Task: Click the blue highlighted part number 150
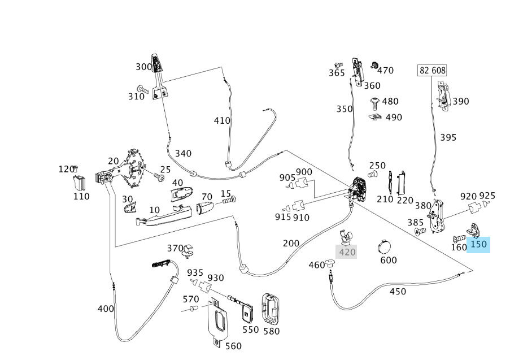(478, 245)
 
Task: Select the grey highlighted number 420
(346, 252)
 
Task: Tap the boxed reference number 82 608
(431, 71)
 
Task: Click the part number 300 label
(143, 67)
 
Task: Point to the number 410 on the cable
(222, 120)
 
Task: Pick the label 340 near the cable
(183, 153)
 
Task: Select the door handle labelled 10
(163, 216)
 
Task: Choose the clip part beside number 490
(375, 117)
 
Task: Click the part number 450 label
(398, 292)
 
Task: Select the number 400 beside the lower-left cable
(106, 309)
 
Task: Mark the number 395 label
(448, 137)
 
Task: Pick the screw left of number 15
(228, 199)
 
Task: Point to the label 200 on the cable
(291, 243)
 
